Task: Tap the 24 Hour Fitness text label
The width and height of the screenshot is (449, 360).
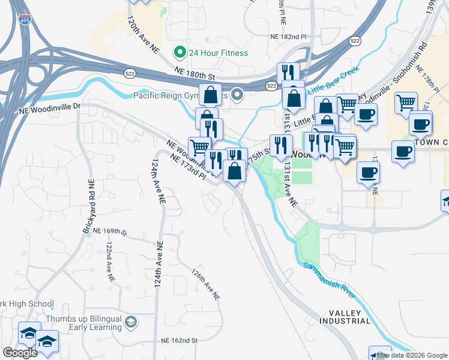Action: [x=218, y=53]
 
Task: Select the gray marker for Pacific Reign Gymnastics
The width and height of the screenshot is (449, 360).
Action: [x=238, y=95]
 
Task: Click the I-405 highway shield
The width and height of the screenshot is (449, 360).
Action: [x=23, y=20]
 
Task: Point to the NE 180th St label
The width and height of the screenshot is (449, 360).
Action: [x=194, y=74]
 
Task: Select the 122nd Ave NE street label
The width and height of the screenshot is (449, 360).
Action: [x=109, y=263]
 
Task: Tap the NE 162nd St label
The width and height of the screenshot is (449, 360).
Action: [x=179, y=341]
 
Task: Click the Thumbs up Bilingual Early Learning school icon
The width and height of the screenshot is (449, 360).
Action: [x=130, y=323]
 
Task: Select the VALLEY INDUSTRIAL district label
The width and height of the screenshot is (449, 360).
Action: [x=349, y=317]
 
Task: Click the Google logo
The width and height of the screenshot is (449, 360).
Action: [x=20, y=353]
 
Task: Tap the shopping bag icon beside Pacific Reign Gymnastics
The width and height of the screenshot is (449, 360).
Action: [x=210, y=95]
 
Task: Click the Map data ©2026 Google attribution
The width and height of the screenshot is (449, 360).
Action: [x=412, y=355]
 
